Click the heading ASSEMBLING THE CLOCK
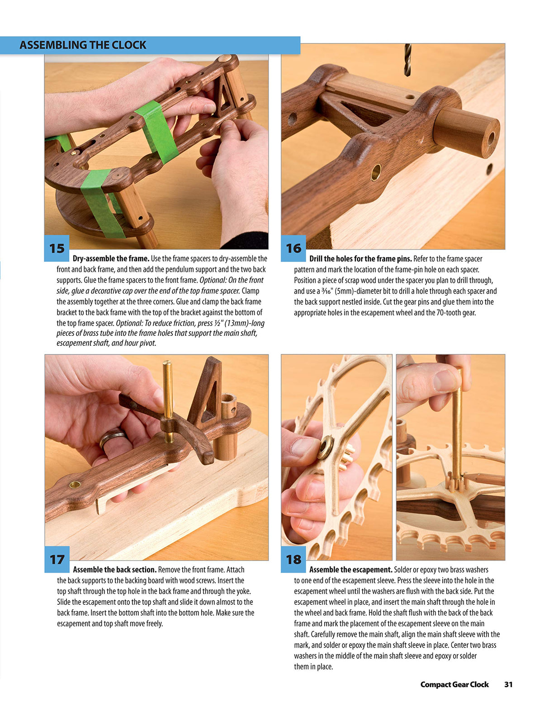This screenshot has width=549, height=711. pos(83,45)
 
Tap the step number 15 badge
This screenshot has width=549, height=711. pos(57,248)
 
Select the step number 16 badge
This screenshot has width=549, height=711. pos(293,248)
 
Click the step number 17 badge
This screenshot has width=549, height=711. pos(57,560)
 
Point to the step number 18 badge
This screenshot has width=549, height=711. pos(293,560)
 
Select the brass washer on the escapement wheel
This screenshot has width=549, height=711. pos(325,447)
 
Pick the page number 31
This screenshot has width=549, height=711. pos(508,684)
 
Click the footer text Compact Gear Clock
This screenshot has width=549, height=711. pos(454,684)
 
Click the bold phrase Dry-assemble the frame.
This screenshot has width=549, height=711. pos(111,259)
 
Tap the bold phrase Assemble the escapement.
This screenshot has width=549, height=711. pos(350,570)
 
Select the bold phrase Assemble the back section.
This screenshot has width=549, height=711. pos(114,570)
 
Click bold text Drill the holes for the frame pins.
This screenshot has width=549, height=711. pos(360,259)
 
